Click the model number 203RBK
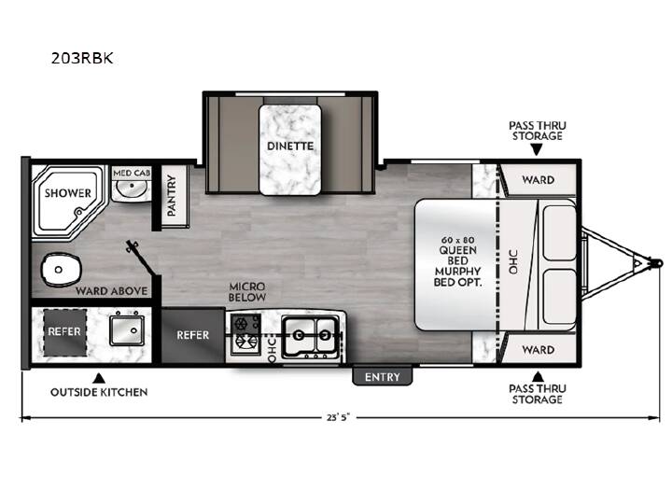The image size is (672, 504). [82, 58]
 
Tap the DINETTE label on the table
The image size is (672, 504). [290, 147]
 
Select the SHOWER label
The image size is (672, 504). [68, 193]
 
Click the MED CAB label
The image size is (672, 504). [132, 173]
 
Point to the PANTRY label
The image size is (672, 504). [172, 195]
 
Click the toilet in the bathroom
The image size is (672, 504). [62, 270]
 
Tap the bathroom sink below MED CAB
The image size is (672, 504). [132, 189]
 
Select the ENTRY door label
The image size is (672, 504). [383, 377]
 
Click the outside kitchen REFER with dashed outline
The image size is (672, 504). [64, 331]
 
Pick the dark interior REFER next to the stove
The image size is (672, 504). [193, 335]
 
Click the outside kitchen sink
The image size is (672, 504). [127, 330]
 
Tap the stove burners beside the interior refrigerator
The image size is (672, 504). [245, 334]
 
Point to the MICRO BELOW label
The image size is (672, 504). [247, 292]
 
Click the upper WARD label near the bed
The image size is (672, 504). [539, 180]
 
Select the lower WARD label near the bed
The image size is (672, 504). [539, 350]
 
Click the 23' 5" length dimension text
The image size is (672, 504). [339, 417]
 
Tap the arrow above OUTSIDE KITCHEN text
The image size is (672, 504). [99, 378]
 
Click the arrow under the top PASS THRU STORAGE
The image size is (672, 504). [536, 149]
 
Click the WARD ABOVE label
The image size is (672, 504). [111, 291]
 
